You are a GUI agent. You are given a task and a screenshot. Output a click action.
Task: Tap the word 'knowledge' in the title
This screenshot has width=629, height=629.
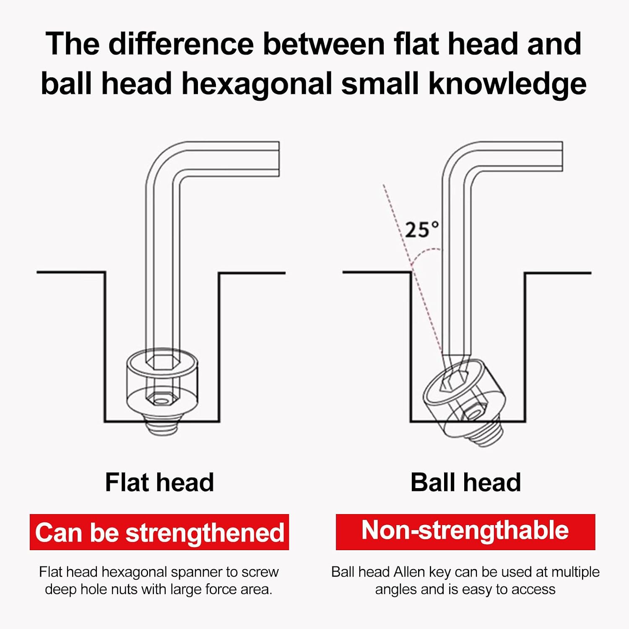(x=507, y=84)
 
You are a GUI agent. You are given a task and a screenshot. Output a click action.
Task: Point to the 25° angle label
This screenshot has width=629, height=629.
(x=422, y=230)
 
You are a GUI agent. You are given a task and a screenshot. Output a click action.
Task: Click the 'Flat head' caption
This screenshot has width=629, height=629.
(x=159, y=482)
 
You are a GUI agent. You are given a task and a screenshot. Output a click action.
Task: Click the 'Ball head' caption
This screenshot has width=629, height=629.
(x=465, y=482)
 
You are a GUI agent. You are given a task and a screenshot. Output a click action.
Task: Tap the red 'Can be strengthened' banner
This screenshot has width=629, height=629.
(x=159, y=532)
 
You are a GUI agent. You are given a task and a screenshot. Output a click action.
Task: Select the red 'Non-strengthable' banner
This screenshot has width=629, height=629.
(x=465, y=532)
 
